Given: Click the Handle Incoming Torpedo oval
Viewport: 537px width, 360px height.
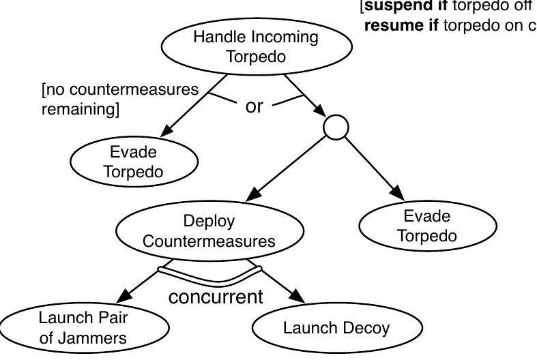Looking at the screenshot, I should click(256, 46).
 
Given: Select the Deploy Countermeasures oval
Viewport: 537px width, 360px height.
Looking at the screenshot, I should click(209, 231).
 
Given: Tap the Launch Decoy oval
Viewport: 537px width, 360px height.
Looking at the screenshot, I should click(336, 328).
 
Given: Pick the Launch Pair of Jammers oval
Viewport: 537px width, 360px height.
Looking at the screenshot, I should click(83, 328).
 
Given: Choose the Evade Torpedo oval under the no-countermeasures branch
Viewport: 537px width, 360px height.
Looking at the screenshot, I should click(134, 162).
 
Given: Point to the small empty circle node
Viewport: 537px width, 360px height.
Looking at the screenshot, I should click(336, 127).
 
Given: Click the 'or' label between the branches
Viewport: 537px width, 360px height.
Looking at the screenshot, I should click(254, 106).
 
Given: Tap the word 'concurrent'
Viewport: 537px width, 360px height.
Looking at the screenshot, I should click(215, 297).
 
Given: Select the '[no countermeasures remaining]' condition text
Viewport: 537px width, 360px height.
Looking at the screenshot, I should click(119, 100).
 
